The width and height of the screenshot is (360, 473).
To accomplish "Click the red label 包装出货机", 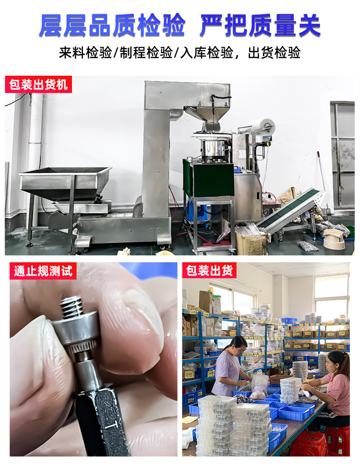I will (x=38, y=85).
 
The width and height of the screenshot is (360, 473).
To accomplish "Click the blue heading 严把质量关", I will (x=260, y=25).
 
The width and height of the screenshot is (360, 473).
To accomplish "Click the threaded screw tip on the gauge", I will (x=72, y=306).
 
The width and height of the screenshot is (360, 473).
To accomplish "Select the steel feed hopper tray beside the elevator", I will (x=65, y=177).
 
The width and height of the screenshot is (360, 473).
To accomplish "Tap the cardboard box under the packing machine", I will (x=251, y=244).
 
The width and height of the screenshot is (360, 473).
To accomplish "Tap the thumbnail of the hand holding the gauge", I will (x=93, y=360).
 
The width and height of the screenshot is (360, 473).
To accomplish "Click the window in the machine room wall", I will (x=343, y=155).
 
